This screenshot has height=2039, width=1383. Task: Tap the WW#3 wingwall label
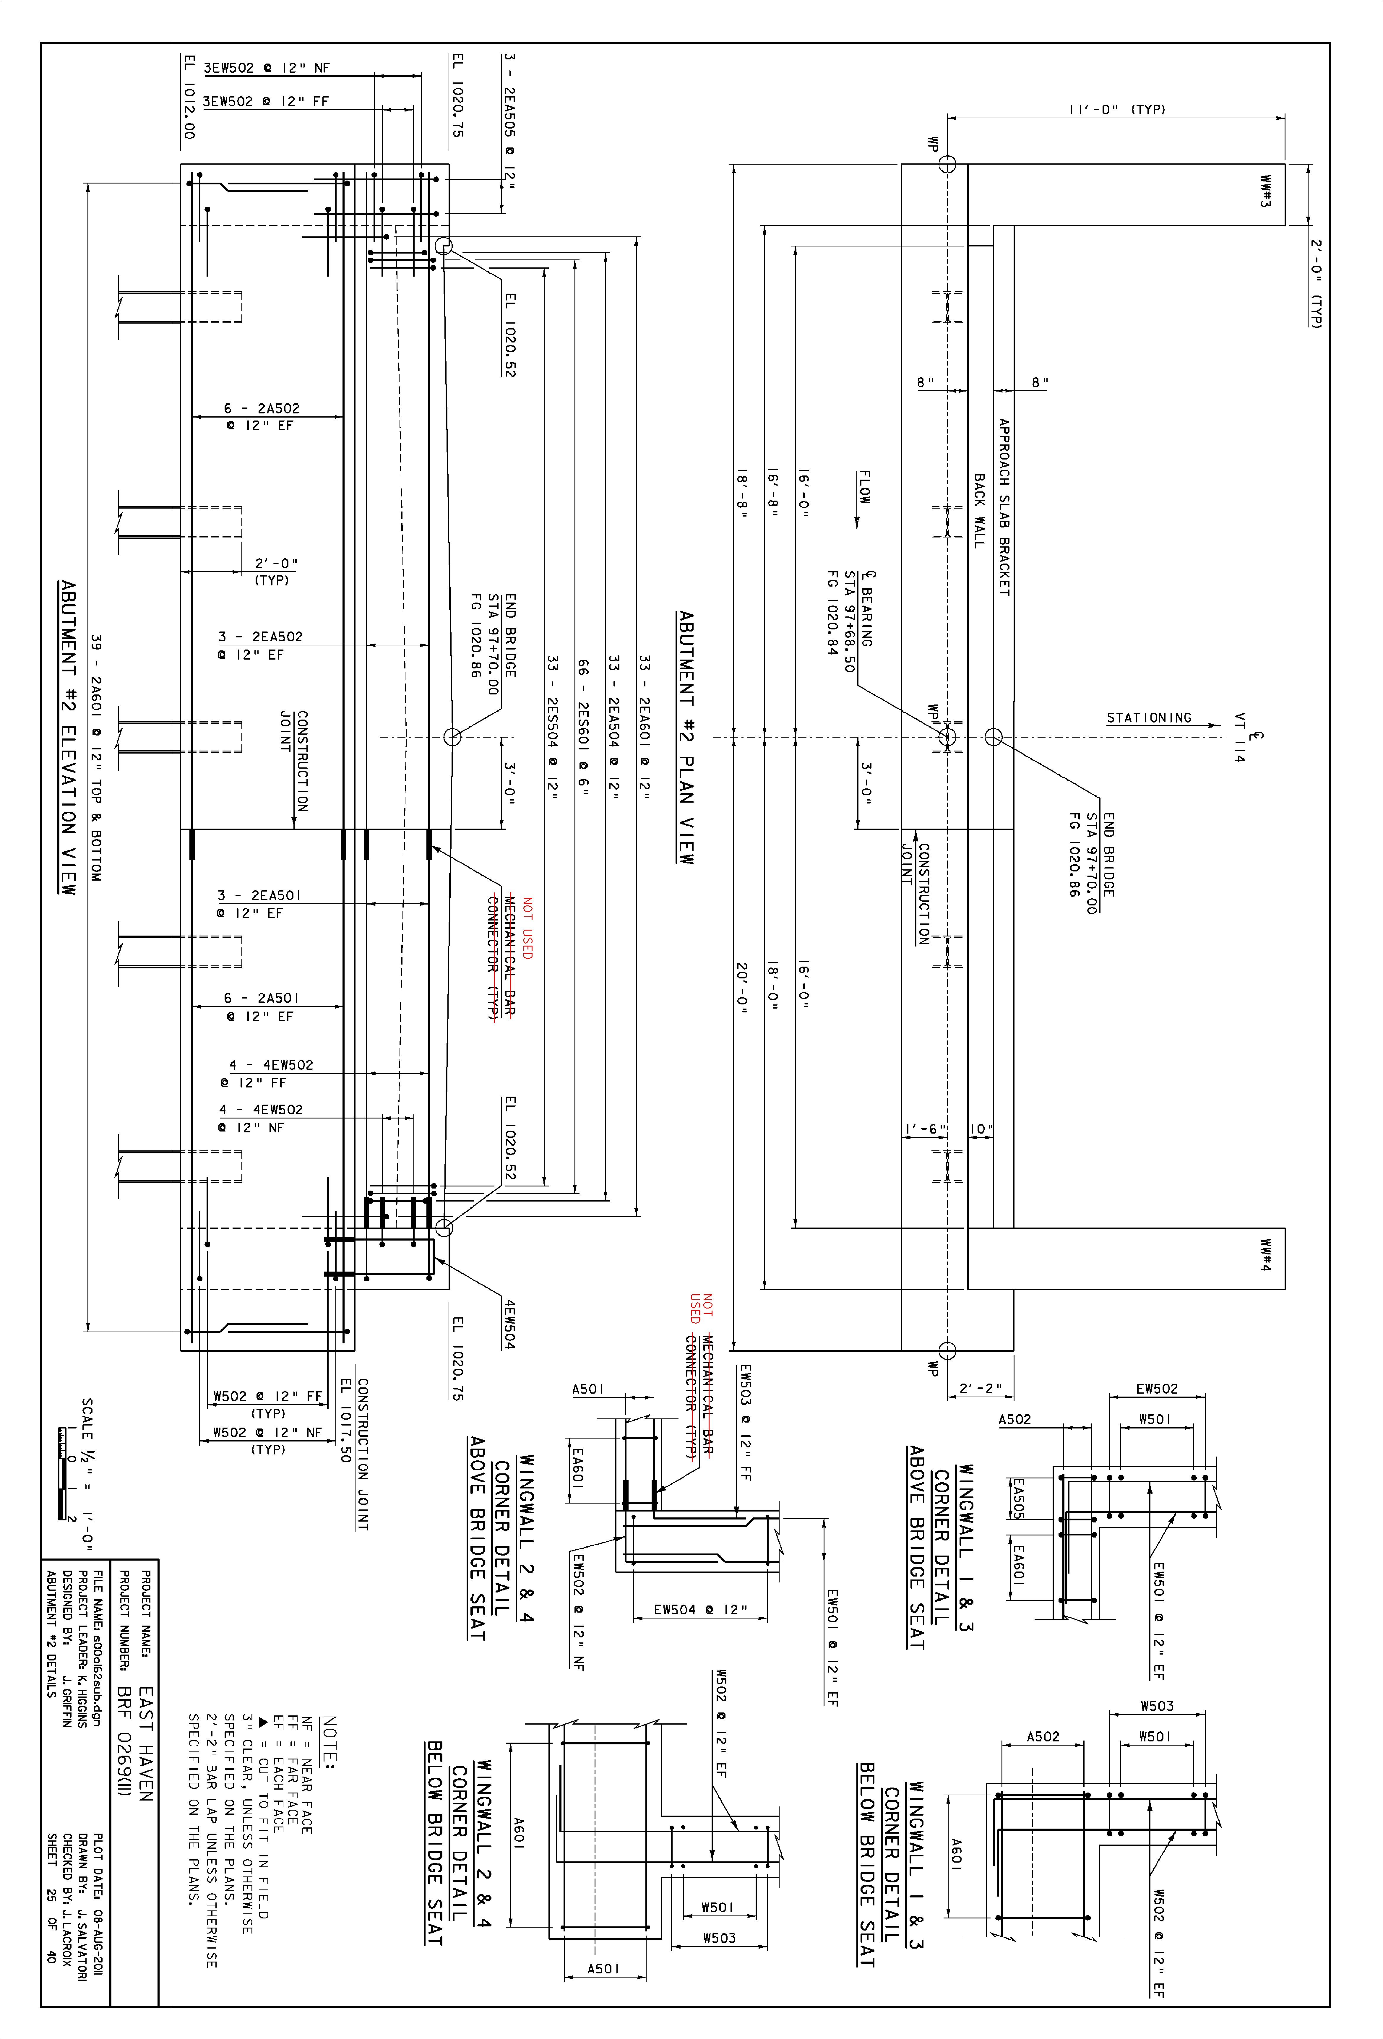[1265, 192]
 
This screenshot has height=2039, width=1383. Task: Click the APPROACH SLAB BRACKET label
[1004, 507]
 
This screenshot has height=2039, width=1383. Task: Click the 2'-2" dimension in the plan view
[980, 1389]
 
